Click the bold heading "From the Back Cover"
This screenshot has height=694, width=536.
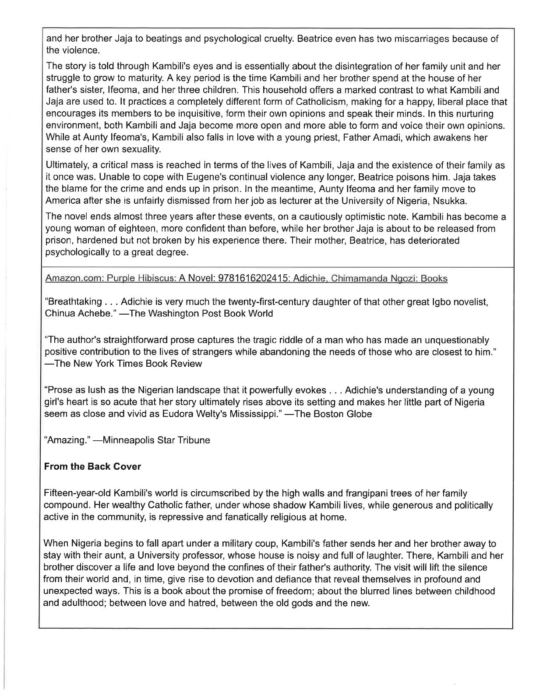tap(93, 467)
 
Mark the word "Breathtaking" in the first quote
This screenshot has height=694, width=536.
tap(74, 302)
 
